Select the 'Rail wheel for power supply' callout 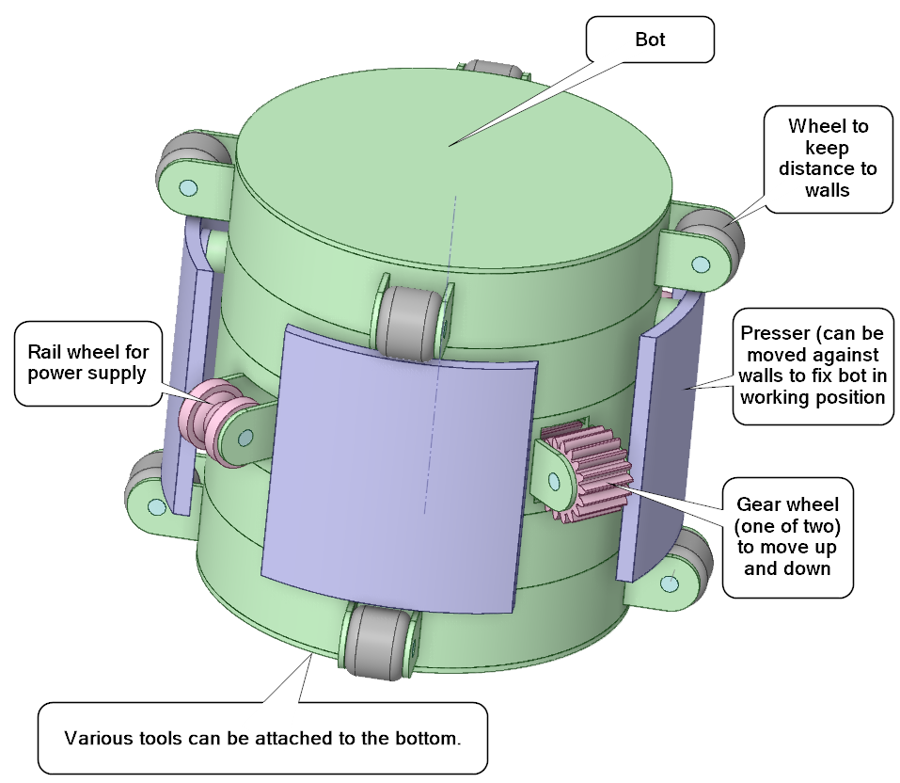point(87,363)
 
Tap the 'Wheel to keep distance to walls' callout point(827,157)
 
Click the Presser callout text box point(813,365)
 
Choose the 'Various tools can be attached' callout point(262,737)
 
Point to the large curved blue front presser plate point(395,471)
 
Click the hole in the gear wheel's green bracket point(555,481)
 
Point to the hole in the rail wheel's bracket point(247,436)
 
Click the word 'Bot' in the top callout point(650,40)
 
